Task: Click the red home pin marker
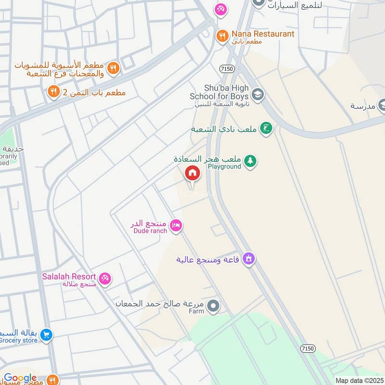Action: tap(192, 173)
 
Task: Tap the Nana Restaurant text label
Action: tap(262, 34)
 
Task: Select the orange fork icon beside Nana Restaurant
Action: tap(222, 35)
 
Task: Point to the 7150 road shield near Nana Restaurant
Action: tap(228, 69)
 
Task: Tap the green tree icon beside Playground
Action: tap(249, 161)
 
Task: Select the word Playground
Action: tap(224, 167)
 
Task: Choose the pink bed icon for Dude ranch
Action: tap(176, 226)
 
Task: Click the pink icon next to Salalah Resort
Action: tap(104, 278)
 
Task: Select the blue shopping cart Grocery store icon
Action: tap(46, 334)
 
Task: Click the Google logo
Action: tap(20, 378)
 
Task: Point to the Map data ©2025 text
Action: tap(359, 380)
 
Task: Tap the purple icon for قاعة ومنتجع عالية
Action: tap(248, 259)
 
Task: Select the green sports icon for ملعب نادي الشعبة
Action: tap(265, 128)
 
